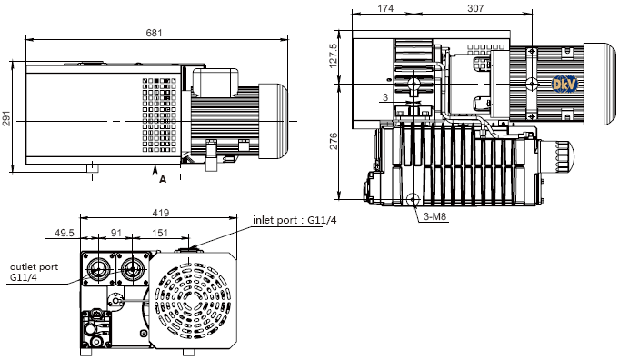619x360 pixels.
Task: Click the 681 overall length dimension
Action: [x=154, y=33]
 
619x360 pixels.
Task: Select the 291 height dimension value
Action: [x=6, y=117]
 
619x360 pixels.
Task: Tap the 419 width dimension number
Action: [x=161, y=213]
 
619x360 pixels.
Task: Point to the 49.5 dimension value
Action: [x=65, y=233]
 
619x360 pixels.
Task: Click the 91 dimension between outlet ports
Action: [x=116, y=233]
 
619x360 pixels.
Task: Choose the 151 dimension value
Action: [x=160, y=233]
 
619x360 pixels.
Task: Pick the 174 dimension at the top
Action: [x=385, y=8]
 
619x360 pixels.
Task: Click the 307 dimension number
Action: [x=475, y=8]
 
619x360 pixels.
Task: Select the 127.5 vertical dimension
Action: [x=334, y=55]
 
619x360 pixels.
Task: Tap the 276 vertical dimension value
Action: [x=334, y=141]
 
